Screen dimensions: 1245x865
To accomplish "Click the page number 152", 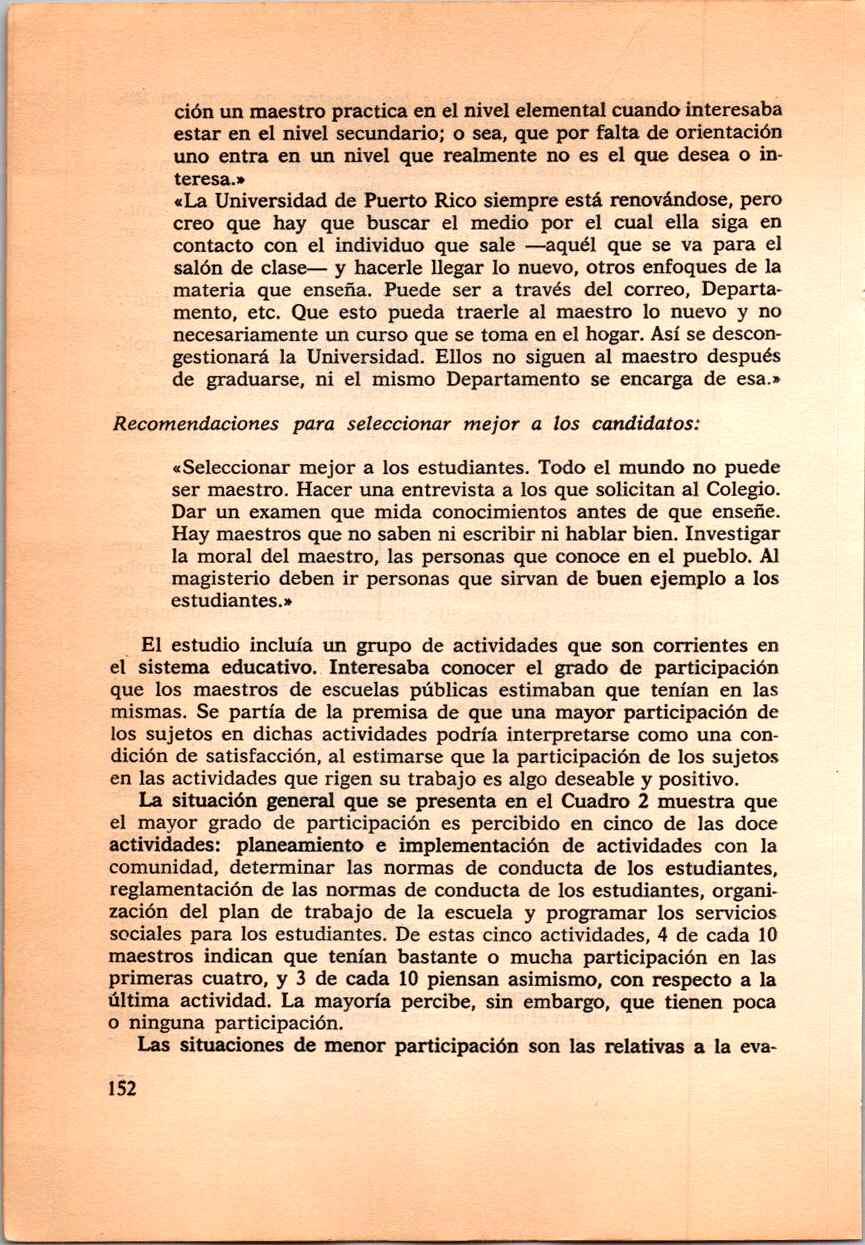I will [120, 1088].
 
